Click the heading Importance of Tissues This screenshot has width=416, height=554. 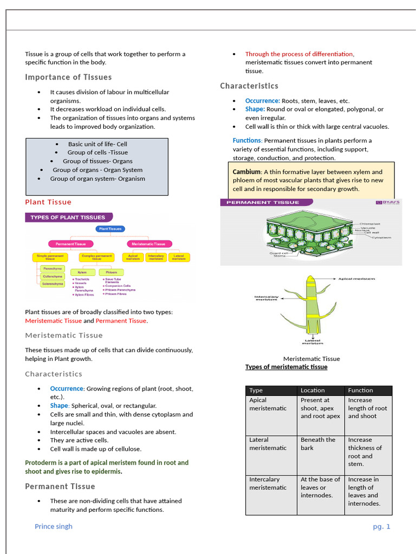68,77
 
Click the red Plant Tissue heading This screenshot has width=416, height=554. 48,202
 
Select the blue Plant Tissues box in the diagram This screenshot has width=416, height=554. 110,229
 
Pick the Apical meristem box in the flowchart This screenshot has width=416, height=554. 133,258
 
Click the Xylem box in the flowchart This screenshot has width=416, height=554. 82,272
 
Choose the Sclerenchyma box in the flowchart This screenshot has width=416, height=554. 53,283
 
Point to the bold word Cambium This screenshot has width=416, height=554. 246,172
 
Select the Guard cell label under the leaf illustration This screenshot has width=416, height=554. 278,253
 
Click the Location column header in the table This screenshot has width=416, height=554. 313,390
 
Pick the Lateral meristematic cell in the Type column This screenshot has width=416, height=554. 268,444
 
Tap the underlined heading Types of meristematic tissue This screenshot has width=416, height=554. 286,367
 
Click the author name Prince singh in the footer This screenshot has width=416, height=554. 53,526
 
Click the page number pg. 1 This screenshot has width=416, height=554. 381,526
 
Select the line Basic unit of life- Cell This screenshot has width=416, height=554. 97,144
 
